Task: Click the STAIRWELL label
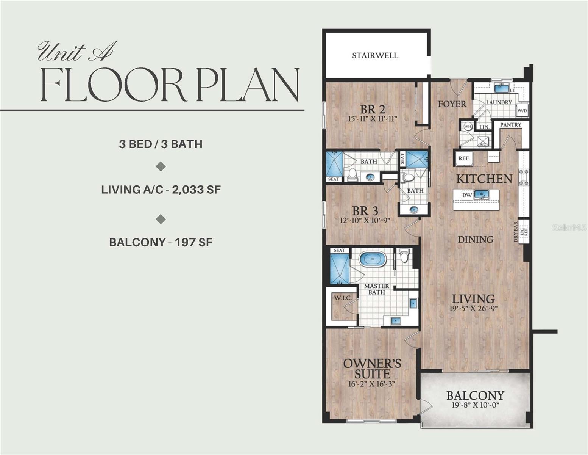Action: pos(375,56)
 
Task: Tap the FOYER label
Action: pos(452,104)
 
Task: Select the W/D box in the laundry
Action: pos(522,111)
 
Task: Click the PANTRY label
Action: pos(511,125)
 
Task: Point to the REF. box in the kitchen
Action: pos(464,158)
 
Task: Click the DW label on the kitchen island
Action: pos(467,195)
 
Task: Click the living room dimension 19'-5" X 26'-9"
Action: pos(473,309)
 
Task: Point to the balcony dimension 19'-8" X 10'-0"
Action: pos(475,405)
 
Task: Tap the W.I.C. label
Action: pos(343,298)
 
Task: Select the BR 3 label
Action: pos(365,211)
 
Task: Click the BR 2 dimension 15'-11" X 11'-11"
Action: pos(373,119)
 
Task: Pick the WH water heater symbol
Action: pos(468,126)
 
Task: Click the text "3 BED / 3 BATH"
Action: pos(161,144)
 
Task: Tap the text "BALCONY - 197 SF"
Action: pos(161,242)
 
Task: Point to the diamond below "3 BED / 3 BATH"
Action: pos(161,166)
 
